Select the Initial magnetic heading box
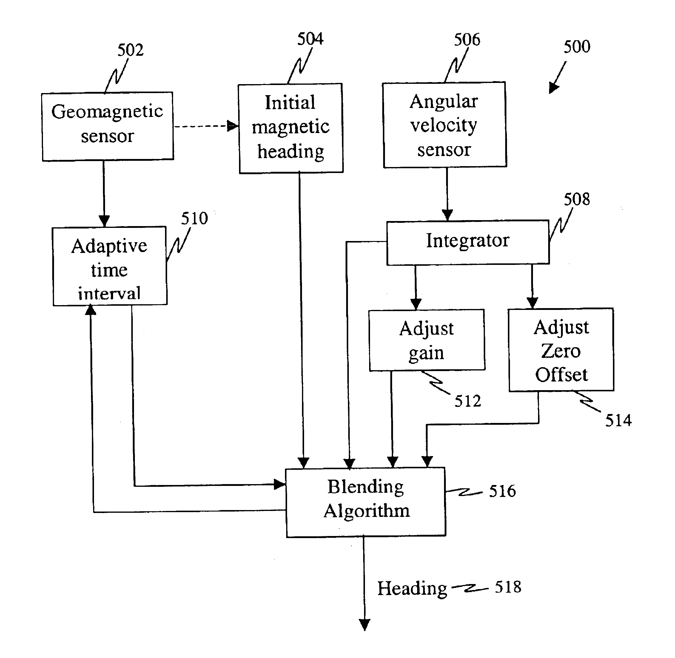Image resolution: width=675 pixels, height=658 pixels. (x=290, y=128)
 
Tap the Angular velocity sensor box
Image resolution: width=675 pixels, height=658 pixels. (x=444, y=125)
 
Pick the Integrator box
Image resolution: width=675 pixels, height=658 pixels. (x=468, y=242)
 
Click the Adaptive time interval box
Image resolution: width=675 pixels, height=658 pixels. (x=110, y=266)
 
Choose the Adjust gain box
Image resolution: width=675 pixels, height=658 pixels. (x=427, y=340)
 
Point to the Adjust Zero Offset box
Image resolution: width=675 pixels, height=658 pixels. (x=561, y=350)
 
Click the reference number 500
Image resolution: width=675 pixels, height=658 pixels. (x=577, y=47)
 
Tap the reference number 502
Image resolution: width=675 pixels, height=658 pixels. (x=130, y=50)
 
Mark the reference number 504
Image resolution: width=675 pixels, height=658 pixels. (x=310, y=39)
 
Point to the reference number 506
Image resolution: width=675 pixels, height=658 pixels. (x=467, y=40)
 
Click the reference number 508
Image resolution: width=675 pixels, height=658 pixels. (x=577, y=200)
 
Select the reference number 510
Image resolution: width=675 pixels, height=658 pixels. (x=194, y=218)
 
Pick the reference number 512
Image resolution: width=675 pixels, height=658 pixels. (x=468, y=401)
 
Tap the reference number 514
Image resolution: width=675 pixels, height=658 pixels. (x=618, y=421)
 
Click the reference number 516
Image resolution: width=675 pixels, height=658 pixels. (x=502, y=491)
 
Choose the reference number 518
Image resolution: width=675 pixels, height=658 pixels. (x=508, y=587)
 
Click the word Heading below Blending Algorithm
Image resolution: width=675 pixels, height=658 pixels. (x=412, y=589)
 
